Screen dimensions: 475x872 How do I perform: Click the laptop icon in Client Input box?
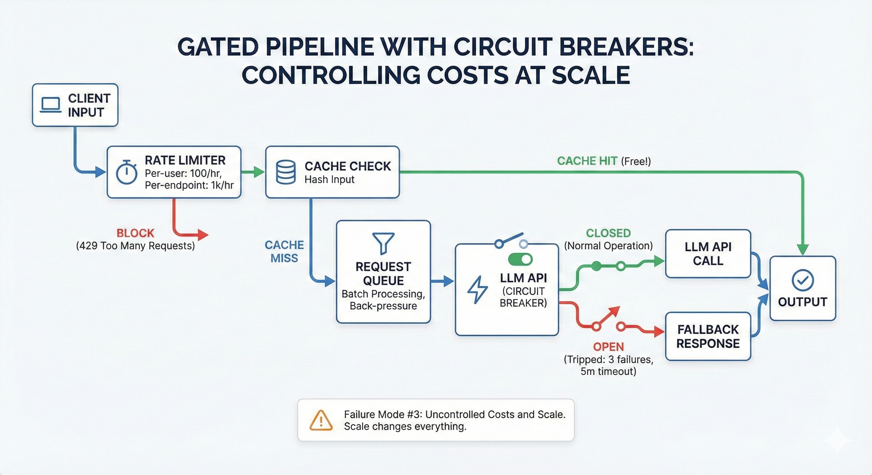click(x=50, y=105)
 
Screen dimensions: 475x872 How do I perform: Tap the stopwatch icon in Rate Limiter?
click(x=126, y=173)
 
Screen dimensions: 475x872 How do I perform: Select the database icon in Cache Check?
click(x=286, y=172)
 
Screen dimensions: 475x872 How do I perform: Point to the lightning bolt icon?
click(x=477, y=290)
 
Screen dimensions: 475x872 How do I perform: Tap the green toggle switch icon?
click(x=520, y=260)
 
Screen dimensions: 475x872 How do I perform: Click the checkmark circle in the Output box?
click(x=803, y=280)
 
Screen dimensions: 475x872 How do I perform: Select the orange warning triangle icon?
click(x=321, y=420)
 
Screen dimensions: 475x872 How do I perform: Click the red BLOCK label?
click(x=135, y=233)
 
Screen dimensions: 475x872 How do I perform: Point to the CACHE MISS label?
click(x=284, y=251)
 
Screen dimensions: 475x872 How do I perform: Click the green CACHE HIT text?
click(x=587, y=161)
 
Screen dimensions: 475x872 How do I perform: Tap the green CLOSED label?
click(x=608, y=233)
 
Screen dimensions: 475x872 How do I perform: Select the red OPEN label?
click(x=608, y=347)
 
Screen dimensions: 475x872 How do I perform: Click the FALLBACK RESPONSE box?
click(x=708, y=336)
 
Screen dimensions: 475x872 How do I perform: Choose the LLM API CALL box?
click(x=708, y=254)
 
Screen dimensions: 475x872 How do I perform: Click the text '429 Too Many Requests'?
click(x=135, y=246)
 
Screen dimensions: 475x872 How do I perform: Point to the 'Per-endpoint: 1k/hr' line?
click(x=189, y=185)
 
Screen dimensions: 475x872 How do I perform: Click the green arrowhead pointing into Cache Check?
click(x=259, y=172)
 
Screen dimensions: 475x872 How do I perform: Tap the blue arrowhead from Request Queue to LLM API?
click(x=448, y=281)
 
